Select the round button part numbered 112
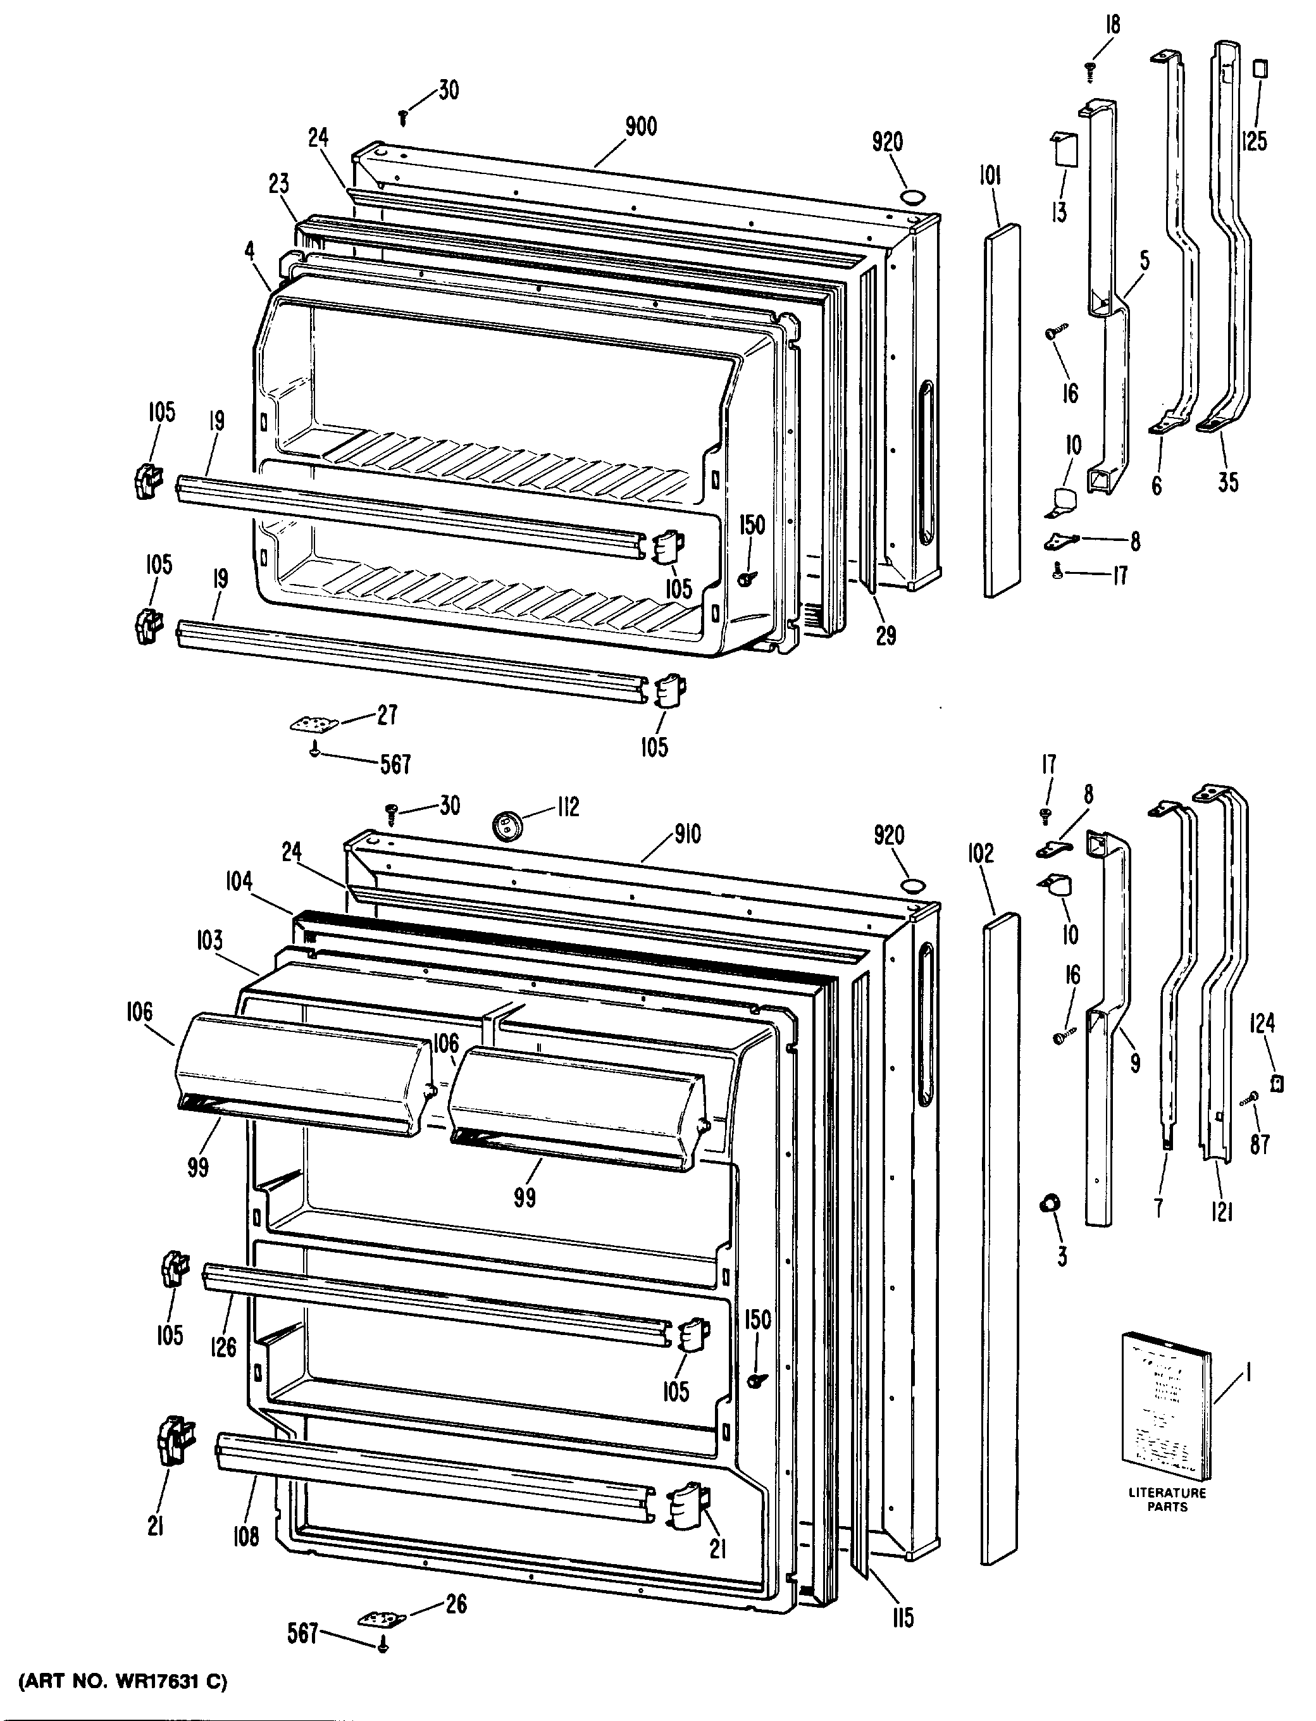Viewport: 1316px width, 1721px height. click(507, 823)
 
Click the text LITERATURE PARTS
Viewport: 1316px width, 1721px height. click(1167, 1500)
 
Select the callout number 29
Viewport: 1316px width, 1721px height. click(886, 635)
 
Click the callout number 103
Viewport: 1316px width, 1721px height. click(209, 939)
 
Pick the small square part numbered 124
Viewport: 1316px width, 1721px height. click(1277, 1083)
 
